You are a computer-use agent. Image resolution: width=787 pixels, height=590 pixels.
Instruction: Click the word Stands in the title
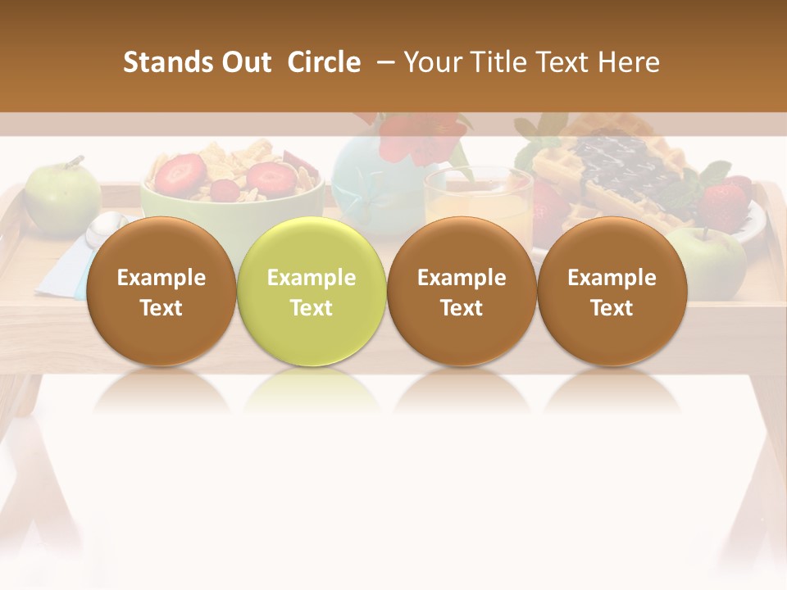[x=158, y=62]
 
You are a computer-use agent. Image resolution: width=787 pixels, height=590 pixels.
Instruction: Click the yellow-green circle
[x=312, y=292]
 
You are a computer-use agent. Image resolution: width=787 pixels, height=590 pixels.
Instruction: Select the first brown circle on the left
[x=161, y=292]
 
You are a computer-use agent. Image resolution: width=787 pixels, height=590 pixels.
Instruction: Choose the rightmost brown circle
[x=612, y=292]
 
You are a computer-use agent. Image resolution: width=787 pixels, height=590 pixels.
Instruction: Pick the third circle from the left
[x=462, y=292]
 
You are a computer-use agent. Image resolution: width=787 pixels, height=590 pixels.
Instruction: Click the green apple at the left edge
[x=61, y=197]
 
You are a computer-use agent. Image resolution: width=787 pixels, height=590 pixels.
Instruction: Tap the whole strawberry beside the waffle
[x=726, y=201]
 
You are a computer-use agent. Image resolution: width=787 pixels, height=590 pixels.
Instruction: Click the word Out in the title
[x=243, y=62]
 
